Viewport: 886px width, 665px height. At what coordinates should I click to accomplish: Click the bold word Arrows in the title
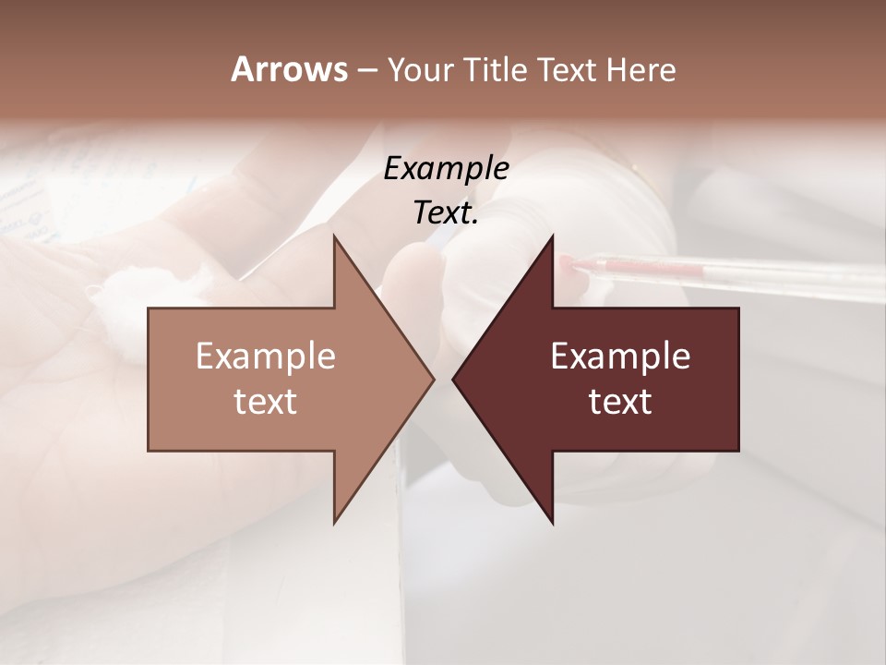click(x=289, y=69)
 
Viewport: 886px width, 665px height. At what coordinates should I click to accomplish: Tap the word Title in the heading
click(x=495, y=70)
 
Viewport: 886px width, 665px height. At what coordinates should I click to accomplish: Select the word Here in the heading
click(x=641, y=70)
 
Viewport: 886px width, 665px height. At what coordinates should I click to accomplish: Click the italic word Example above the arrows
click(x=446, y=169)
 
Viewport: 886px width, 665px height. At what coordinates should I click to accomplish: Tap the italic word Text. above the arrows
click(x=446, y=213)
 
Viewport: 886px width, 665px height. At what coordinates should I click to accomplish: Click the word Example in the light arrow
click(x=266, y=357)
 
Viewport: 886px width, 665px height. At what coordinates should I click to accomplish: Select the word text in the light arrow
click(x=266, y=402)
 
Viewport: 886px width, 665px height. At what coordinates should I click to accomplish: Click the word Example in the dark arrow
click(x=620, y=357)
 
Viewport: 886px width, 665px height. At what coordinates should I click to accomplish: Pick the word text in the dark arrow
click(x=620, y=402)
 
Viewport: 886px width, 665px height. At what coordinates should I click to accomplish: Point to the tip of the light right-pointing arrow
click(x=433, y=380)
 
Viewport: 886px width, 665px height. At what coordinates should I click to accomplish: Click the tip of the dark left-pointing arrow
click(x=453, y=380)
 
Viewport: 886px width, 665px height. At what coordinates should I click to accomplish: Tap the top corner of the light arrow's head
click(x=334, y=236)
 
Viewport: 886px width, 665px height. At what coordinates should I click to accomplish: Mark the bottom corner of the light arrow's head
click(x=334, y=523)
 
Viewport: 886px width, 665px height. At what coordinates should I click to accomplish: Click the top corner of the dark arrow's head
click(x=552, y=236)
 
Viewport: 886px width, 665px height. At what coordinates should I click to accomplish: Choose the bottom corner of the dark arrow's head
click(x=552, y=523)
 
